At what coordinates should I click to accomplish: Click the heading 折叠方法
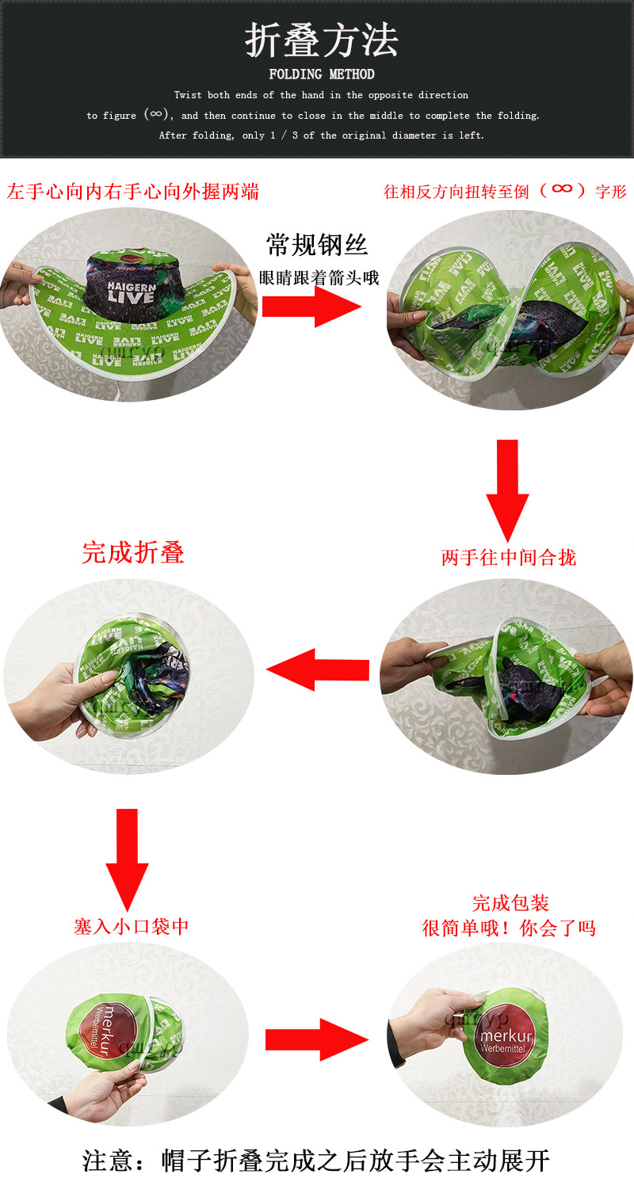coord(321,40)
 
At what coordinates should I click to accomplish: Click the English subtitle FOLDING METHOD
coord(321,74)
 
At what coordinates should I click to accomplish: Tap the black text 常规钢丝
coord(317,245)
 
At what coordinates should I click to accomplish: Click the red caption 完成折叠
coord(132,552)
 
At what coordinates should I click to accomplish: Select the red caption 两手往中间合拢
coord(508,557)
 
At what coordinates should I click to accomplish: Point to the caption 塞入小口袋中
coord(132,926)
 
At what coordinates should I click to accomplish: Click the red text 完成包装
coord(510,903)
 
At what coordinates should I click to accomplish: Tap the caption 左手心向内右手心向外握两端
coord(133,192)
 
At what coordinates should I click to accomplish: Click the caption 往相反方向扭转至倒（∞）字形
coord(505,191)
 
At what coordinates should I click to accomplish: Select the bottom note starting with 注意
coord(316,1161)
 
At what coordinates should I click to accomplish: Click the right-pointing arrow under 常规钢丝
coord(311,306)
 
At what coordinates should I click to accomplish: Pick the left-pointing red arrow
coord(318,670)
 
